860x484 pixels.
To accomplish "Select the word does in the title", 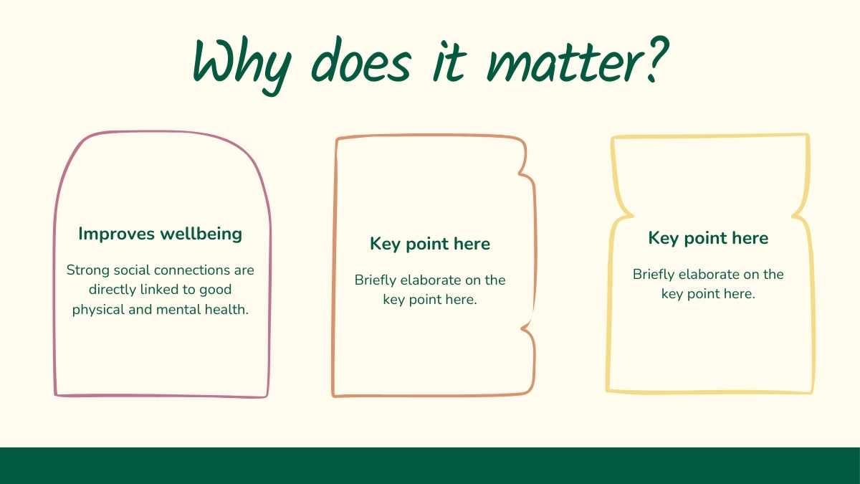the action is (361, 60).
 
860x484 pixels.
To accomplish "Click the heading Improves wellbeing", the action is (160, 234).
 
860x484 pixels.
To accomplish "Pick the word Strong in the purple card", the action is (88, 270).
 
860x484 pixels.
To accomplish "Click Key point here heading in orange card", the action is (430, 244).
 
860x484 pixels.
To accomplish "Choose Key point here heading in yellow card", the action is (708, 238).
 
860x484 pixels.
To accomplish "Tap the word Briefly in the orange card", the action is (376, 281).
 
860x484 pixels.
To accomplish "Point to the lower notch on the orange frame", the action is (523, 328).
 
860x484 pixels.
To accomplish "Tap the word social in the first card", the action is (132, 270).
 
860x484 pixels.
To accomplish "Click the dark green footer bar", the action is (430, 465).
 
